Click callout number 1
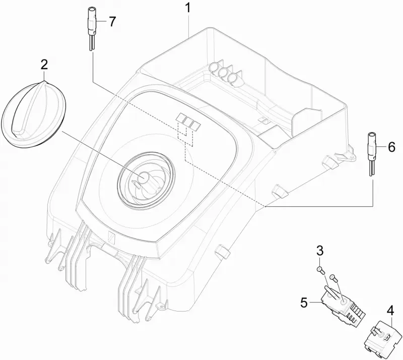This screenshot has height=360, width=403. coord(188,8)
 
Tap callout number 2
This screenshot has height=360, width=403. coord(44,65)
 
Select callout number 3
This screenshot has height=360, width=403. coord(319,251)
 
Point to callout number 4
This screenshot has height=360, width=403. coord(390,312)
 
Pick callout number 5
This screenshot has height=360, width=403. coord(304,303)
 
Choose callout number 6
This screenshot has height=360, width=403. coord(391,147)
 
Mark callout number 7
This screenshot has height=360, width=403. coord(112,22)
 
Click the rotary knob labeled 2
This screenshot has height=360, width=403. coord(34,115)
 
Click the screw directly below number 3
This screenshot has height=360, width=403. coord(320,270)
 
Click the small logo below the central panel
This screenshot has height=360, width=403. coord(112,237)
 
